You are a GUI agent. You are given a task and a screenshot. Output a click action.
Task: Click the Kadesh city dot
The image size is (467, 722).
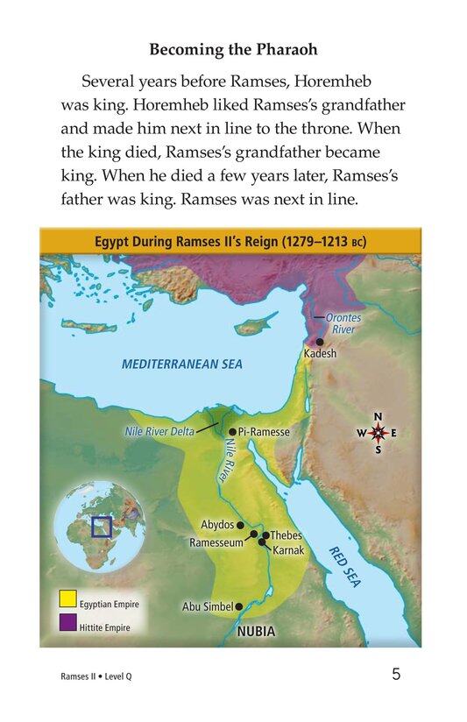click(x=320, y=342)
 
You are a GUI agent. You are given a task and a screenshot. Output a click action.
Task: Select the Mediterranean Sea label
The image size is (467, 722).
click(x=182, y=364)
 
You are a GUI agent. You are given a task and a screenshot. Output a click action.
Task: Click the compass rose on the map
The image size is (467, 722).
click(x=378, y=433)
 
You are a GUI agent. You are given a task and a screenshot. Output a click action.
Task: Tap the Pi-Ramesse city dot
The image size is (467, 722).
click(x=232, y=432)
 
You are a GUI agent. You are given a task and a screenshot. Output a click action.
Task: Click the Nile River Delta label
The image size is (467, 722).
click(x=156, y=432)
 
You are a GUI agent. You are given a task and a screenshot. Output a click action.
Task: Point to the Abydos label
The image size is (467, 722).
click(x=217, y=524)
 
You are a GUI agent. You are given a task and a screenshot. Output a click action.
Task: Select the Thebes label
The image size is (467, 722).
click(x=286, y=534)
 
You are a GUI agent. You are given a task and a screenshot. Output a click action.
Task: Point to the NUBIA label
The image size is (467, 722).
click(x=256, y=630)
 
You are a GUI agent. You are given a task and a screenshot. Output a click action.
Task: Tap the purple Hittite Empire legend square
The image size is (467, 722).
click(x=67, y=627)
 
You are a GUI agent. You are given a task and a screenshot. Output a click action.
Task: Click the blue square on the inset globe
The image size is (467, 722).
click(x=102, y=527)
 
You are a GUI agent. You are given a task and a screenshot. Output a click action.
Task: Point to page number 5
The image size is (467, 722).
click(x=396, y=676)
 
